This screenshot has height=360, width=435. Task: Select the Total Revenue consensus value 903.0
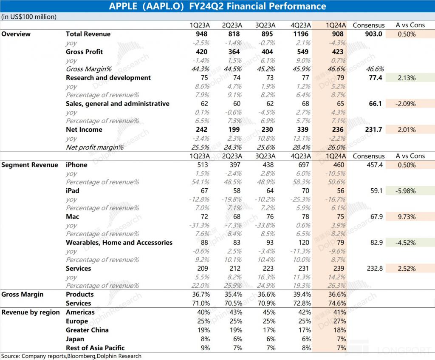pos(374,34)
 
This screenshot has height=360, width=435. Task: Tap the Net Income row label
pos(84,130)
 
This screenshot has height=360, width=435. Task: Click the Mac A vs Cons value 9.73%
pos(407,217)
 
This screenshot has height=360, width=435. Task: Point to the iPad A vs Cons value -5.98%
pos(407,191)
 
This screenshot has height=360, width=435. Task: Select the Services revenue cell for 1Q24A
pos(336,269)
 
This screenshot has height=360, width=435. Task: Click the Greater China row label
pos(87,330)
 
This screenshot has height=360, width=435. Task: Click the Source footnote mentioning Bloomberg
pos(71,356)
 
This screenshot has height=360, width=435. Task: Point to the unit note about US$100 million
pos(29,17)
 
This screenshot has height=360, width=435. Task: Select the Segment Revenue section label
pos(30,165)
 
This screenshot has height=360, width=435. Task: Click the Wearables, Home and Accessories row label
pos(119,243)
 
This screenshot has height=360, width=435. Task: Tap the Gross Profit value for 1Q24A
pos(336,52)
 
